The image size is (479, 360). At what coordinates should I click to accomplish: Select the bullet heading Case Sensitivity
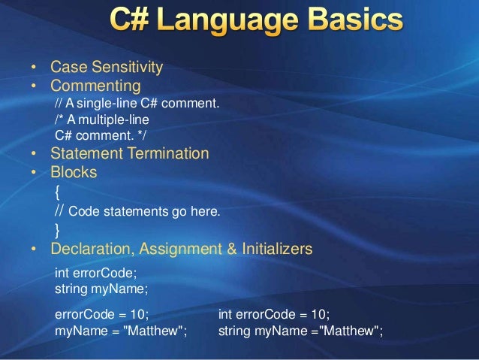(x=106, y=68)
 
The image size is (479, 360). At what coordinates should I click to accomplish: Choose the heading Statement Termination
(x=129, y=154)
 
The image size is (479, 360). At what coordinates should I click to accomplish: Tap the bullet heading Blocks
(x=74, y=173)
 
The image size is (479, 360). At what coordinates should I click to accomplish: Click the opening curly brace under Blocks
(x=59, y=192)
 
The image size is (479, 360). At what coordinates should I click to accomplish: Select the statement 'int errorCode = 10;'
(x=273, y=314)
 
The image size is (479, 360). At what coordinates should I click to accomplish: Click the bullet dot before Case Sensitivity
(x=34, y=68)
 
